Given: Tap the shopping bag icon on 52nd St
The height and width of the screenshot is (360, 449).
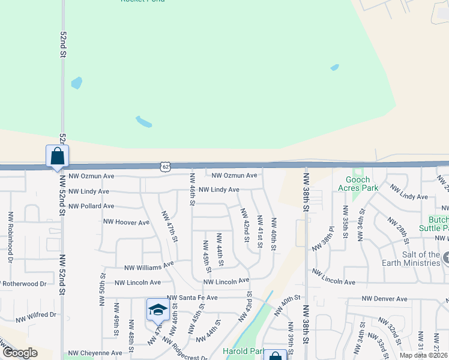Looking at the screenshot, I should coord(57,157).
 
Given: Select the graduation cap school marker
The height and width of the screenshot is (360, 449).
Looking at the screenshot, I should coord(157,310).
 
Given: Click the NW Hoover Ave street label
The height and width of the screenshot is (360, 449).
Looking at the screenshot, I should coord(126,223).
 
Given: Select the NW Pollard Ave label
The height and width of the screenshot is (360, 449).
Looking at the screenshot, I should coord(91,206).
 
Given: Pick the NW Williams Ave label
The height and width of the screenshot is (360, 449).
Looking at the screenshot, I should coord(148,266).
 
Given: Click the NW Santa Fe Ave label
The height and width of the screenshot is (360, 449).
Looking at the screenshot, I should coord(192,298).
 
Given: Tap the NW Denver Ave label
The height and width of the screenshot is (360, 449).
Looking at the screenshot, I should coord(384,299).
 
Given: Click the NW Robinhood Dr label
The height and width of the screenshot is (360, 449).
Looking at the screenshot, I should coord(10,237).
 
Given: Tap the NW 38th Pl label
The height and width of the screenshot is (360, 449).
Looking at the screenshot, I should coord(322,242).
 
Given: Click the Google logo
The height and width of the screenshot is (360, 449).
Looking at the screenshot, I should coord(20,353).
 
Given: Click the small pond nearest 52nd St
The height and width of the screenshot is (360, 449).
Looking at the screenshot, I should coord(76,83).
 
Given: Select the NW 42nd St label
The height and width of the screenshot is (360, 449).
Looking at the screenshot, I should coord(246,225).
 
